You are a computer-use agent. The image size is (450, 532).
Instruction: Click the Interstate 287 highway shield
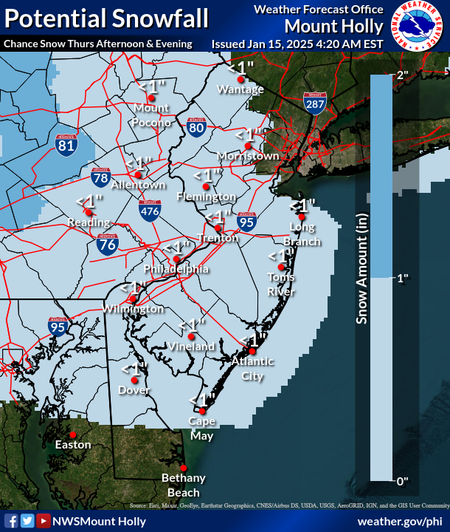point(314,103)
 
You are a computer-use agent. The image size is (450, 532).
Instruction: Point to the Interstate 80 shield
point(195,128)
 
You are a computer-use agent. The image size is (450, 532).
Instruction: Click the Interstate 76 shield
point(107,245)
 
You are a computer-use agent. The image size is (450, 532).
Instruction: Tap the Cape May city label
point(201,429)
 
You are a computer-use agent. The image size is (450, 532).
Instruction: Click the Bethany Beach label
point(183,485)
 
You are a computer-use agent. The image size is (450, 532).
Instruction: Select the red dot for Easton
point(74,434)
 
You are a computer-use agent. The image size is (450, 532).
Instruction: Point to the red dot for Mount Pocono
point(151,97)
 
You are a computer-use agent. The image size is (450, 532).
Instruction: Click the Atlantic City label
point(252,368)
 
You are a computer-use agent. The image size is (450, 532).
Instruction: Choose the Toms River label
point(281,284)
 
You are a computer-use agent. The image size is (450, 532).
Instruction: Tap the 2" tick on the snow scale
point(402,75)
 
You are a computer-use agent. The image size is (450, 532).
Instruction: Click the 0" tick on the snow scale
point(402,481)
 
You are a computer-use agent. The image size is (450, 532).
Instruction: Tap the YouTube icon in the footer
point(43,521)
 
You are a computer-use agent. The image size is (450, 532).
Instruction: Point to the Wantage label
point(240,89)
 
